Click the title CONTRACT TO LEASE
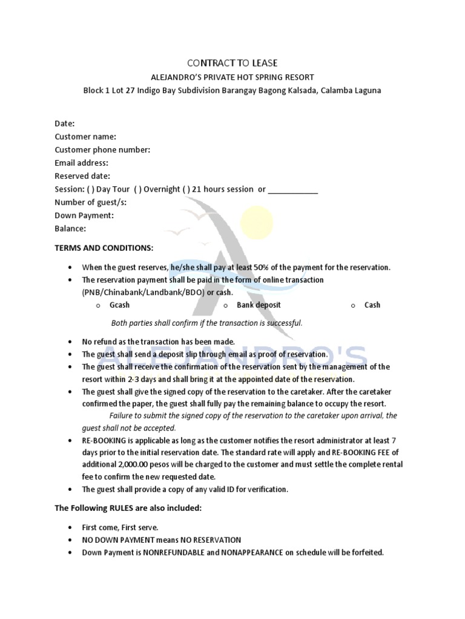[232, 63]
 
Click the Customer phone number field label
[102, 149]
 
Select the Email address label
[81, 163]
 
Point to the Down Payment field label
[84, 215]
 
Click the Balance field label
[70, 228]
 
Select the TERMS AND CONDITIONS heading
[104, 248]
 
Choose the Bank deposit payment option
[259, 305]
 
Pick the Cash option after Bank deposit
[372, 305]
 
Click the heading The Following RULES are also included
[128, 508]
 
